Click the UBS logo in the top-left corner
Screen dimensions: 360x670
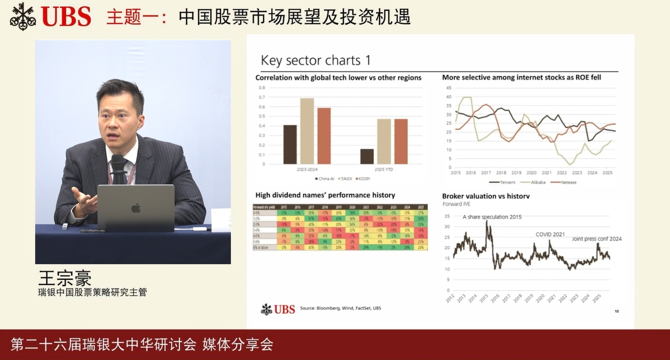pos(51,15)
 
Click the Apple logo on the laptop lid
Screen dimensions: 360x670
pos(136,208)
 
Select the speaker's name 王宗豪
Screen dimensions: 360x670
pos(64,278)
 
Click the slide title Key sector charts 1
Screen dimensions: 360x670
pos(315,60)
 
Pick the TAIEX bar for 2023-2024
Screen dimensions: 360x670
pos(307,131)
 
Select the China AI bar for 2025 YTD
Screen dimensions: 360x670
pos(366,157)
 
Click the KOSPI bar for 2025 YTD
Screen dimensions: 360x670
pos(400,142)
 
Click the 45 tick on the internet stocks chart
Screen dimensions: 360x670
pos(448,88)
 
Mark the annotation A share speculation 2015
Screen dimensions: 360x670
pos(492,217)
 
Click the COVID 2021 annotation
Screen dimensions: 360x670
pos(549,234)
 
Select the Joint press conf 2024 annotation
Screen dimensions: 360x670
pos(596,238)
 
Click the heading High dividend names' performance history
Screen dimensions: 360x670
pos(325,195)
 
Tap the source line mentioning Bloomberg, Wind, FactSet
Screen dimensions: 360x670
pos(341,308)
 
